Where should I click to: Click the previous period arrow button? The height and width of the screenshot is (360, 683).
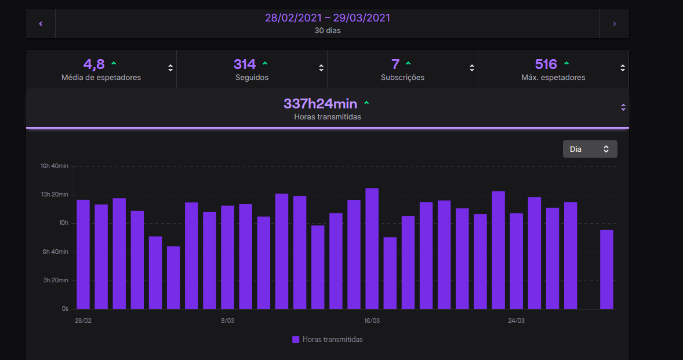tap(41, 24)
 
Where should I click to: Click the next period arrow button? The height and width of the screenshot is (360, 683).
tap(615, 24)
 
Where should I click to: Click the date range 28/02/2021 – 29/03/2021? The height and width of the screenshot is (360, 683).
tap(328, 18)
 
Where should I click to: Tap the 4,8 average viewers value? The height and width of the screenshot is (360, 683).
tap(94, 64)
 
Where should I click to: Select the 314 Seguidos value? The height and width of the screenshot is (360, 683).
tap(244, 64)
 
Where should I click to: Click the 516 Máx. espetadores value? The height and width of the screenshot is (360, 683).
tap(546, 64)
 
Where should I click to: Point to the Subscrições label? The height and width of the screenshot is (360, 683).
tap(402, 78)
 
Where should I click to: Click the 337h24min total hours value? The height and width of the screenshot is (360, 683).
tap(320, 104)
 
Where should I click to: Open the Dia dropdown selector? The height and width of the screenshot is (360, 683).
tap(590, 149)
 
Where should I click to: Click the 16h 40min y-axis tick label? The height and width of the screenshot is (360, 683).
tap(55, 166)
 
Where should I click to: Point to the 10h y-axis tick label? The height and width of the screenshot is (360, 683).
tap(64, 223)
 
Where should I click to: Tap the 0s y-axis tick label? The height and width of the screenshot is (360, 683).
tap(65, 308)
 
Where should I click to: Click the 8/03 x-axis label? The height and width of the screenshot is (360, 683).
tap(227, 321)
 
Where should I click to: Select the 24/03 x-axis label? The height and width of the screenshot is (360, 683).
tap(516, 321)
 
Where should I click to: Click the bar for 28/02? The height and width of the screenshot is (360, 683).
tap(83, 254)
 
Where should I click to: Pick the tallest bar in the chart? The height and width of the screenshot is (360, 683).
tap(372, 249)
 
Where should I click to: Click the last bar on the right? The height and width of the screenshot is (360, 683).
tap(607, 270)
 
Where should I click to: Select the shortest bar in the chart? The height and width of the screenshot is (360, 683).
tap(173, 278)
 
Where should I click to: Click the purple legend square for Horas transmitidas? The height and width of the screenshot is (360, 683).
tap(296, 340)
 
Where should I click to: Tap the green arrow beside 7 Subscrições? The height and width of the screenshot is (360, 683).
tap(408, 64)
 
